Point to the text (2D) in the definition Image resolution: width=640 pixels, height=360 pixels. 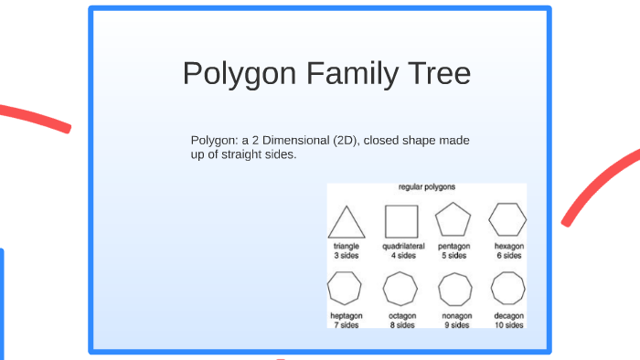(347, 141)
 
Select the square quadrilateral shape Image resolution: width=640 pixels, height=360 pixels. (401, 220)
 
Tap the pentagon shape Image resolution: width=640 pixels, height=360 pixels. (453, 220)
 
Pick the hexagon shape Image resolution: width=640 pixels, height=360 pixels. (507, 220)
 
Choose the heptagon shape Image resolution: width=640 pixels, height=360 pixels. (346, 290)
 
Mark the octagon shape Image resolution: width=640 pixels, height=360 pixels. (400, 290)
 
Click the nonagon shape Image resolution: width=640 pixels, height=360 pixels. (454, 290)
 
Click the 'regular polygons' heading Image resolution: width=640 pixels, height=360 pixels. (427, 187)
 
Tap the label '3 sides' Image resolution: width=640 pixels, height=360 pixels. (346, 256)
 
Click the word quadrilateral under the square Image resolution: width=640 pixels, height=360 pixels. (401, 247)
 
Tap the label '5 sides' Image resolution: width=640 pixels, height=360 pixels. (454, 256)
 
